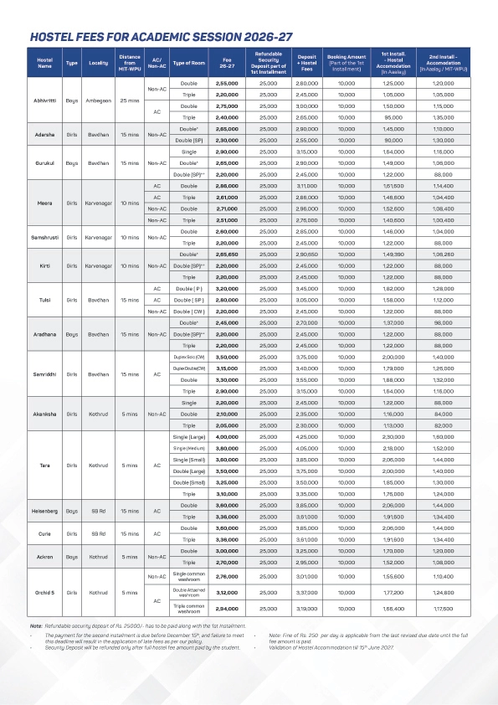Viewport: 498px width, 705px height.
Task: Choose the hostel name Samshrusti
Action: [44, 237]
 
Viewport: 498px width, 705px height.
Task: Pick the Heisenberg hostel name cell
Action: [44, 512]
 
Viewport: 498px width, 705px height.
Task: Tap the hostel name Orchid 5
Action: [44, 593]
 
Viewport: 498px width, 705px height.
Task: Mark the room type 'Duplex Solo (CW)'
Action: [187, 357]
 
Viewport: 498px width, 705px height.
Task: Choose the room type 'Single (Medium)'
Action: [187, 448]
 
